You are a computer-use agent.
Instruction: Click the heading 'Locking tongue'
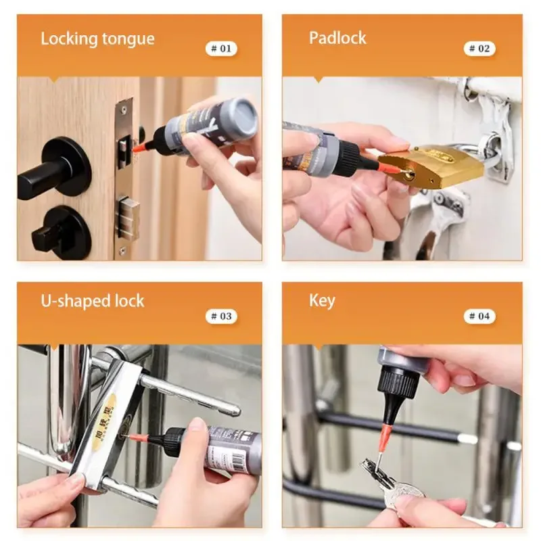click(x=97, y=39)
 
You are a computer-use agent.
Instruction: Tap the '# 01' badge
click(x=221, y=49)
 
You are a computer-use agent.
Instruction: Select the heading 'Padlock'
click(x=337, y=38)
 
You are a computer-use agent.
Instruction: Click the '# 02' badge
click(x=479, y=49)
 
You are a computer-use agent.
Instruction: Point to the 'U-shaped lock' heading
click(x=93, y=301)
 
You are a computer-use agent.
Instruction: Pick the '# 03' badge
click(x=221, y=316)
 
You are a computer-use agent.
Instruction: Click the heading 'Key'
click(x=322, y=301)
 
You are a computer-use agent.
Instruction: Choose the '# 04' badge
click(x=479, y=316)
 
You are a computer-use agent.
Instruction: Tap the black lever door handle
click(x=57, y=170)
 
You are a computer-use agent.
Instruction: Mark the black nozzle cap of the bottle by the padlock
click(x=349, y=160)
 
